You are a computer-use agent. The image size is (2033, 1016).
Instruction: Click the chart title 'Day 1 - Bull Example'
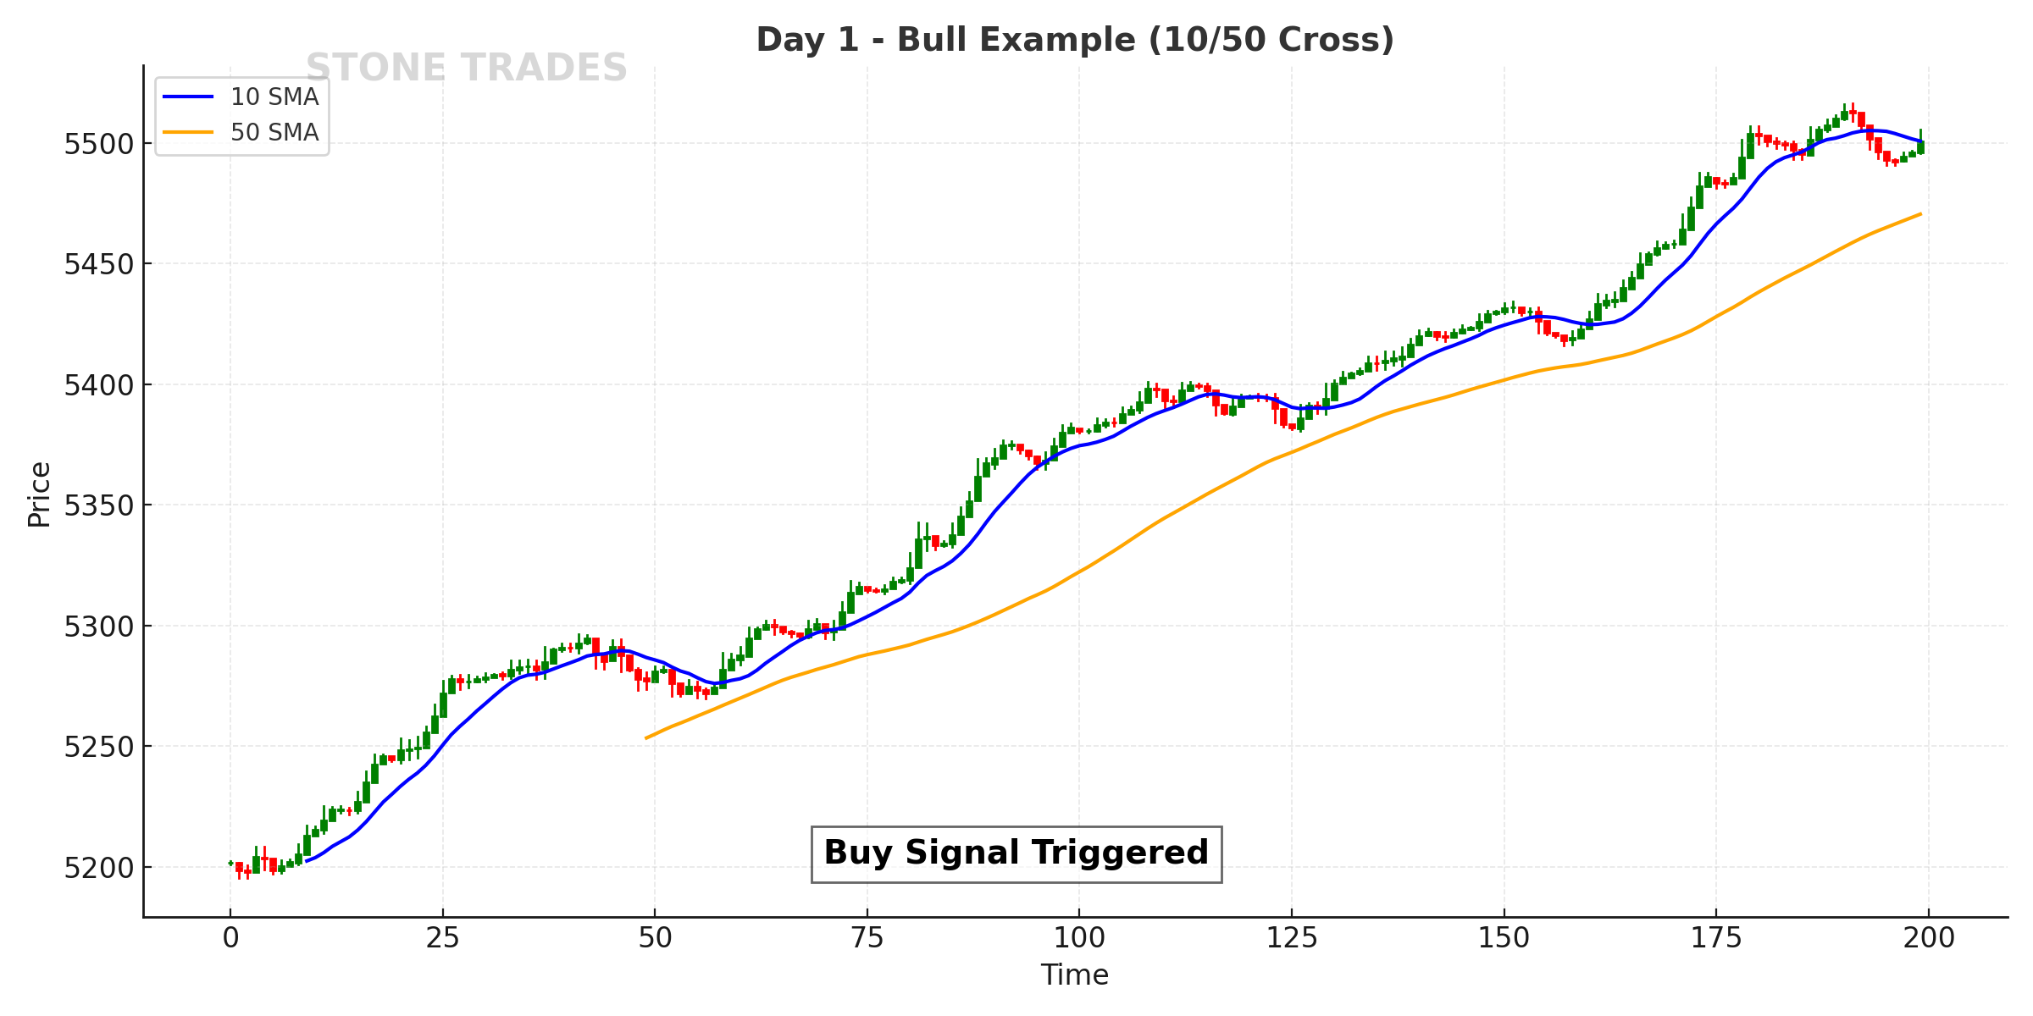click(1074, 40)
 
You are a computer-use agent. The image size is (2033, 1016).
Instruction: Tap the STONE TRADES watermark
click(466, 68)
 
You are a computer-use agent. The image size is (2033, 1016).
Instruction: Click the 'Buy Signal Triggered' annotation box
click(1016, 853)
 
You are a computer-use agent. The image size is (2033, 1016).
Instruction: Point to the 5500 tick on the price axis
click(99, 144)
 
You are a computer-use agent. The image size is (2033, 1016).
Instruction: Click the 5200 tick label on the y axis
click(99, 868)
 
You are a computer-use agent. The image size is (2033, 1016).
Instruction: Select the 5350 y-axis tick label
click(99, 506)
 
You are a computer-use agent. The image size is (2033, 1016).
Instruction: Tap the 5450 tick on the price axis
click(99, 265)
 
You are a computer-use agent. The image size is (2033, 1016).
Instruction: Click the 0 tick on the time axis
click(230, 938)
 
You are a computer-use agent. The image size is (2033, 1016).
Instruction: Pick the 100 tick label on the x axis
click(1079, 938)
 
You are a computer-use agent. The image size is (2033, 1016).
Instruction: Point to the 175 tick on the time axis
click(1716, 938)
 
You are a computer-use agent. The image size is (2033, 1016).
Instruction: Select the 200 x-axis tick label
click(1929, 938)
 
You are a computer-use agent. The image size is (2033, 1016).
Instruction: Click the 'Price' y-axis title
click(39, 494)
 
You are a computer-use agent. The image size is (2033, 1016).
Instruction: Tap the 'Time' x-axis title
click(1074, 975)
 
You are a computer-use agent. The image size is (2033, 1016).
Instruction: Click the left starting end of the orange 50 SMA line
click(646, 737)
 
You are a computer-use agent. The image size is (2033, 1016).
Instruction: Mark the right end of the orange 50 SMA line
click(1920, 214)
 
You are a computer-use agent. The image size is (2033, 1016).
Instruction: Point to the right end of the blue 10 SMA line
click(1920, 141)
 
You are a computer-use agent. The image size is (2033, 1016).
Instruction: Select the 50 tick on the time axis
click(655, 938)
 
